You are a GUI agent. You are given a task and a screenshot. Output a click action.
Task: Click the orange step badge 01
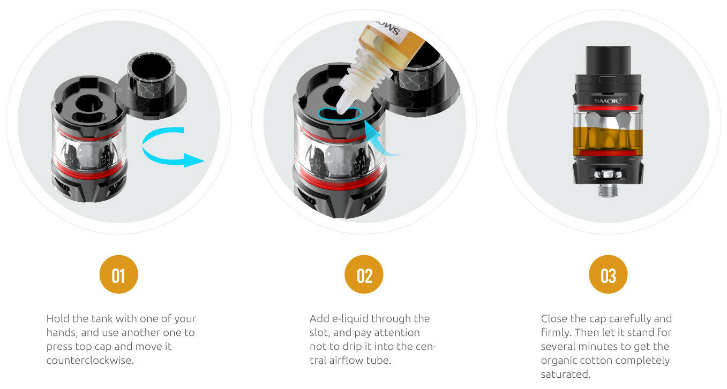point(119,274)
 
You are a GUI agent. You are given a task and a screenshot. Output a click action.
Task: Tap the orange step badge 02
point(364,274)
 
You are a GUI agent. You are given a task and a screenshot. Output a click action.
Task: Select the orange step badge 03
point(608,274)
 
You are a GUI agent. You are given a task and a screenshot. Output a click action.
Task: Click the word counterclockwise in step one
point(90,361)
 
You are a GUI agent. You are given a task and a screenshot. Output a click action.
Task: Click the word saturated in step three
point(565,375)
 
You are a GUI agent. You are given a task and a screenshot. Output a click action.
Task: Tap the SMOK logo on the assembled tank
point(608,101)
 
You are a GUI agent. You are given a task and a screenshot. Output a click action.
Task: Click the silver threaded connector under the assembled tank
point(608,190)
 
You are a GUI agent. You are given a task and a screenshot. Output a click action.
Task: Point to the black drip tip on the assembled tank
point(608,60)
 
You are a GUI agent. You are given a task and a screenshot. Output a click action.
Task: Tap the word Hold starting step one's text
point(58,319)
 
